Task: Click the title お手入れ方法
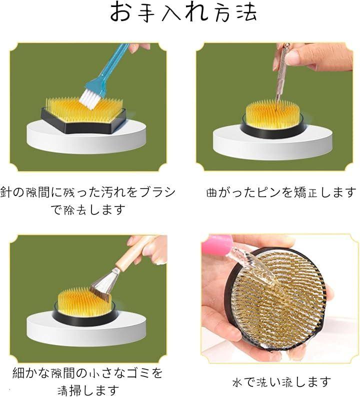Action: [183, 12]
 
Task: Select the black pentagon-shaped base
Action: [83, 121]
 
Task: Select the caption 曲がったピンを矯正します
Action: [281, 192]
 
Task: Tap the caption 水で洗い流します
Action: [281, 382]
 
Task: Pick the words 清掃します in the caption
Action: [88, 390]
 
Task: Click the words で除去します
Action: [88, 209]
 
